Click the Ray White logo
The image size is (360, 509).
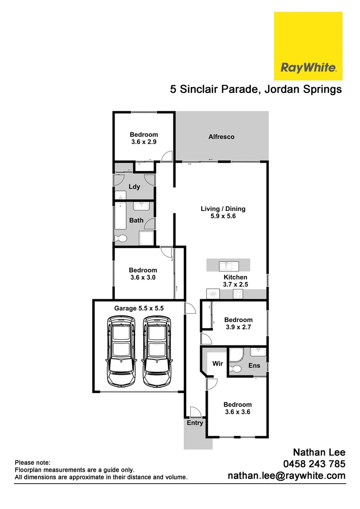(308, 46)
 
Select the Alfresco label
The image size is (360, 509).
(221, 137)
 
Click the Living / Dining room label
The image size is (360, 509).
(223, 213)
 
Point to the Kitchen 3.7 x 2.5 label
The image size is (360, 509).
(235, 281)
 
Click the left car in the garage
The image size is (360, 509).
(122, 351)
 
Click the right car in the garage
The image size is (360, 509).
(156, 351)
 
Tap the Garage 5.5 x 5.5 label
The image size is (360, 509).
(139, 308)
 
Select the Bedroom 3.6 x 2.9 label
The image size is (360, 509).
(144, 138)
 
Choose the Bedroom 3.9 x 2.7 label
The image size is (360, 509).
(238, 323)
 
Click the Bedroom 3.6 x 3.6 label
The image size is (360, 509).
(237, 408)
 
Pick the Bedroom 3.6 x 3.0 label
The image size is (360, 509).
(143, 274)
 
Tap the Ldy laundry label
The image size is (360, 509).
(134, 187)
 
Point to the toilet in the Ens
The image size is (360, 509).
(237, 369)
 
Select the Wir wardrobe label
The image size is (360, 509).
(217, 364)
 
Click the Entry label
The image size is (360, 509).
(195, 423)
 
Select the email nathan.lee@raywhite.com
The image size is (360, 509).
(286, 476)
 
